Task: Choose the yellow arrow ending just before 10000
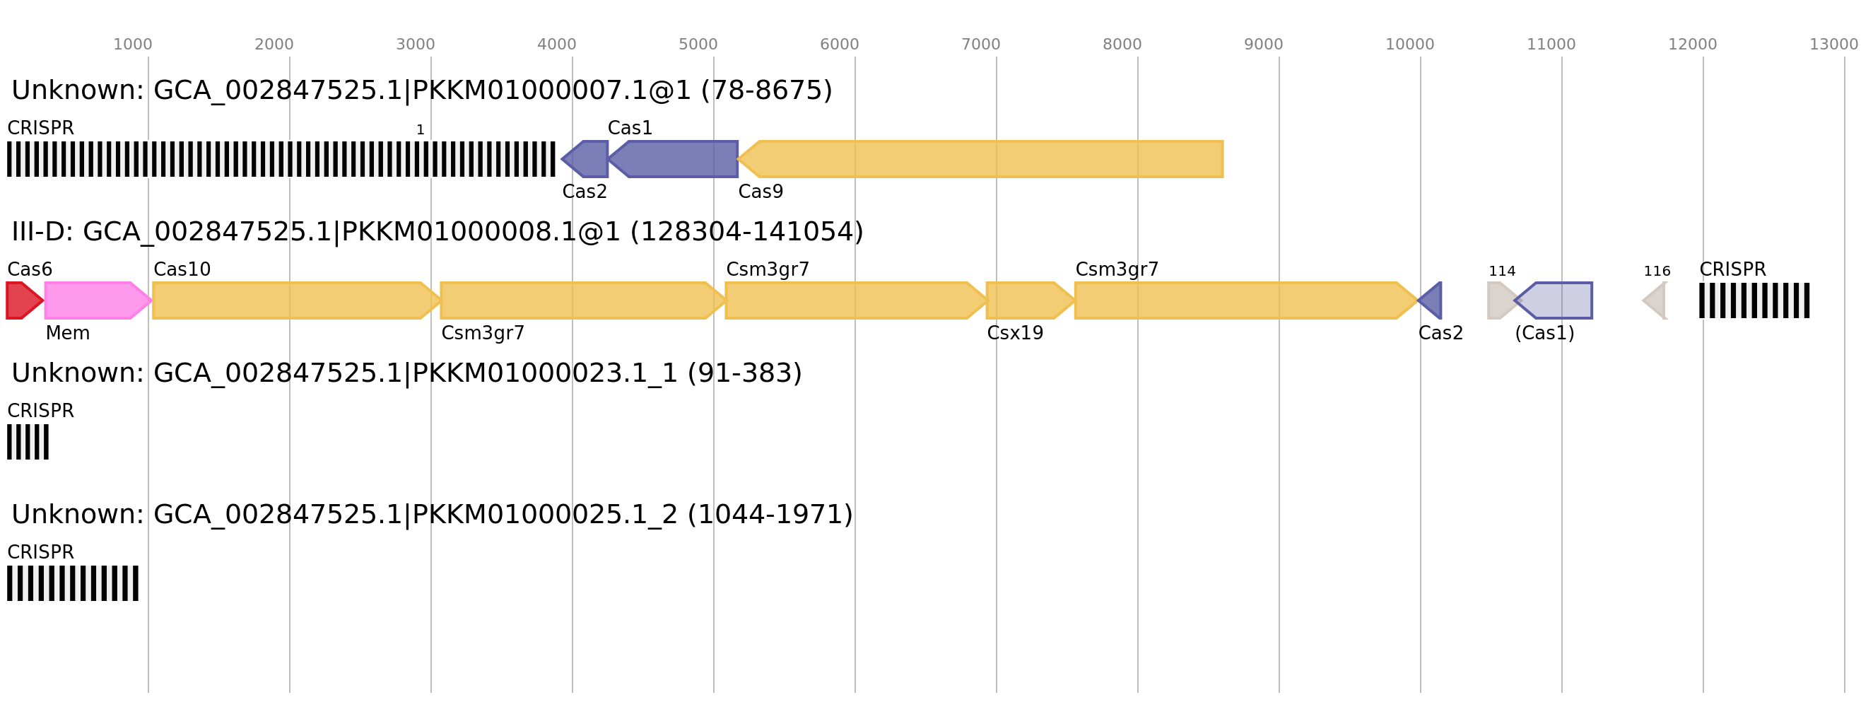click(1243, 300)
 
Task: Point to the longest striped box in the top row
click(281, 159)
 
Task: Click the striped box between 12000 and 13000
click(1754, 300)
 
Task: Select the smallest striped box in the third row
click(28, 441)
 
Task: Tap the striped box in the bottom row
click(73, 583)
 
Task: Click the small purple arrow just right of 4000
click(587, 159)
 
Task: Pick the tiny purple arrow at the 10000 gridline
click(1433, 300)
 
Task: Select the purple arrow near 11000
click(1560, 300)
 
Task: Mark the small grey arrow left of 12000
click(1656, 300)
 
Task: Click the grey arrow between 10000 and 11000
click(1499, 300)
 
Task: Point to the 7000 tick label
click(980, 45)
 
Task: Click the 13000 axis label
click(1833, 45)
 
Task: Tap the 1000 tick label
click(132, 45)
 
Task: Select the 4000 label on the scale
click(556, 45)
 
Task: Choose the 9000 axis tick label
click(1263, 45)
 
